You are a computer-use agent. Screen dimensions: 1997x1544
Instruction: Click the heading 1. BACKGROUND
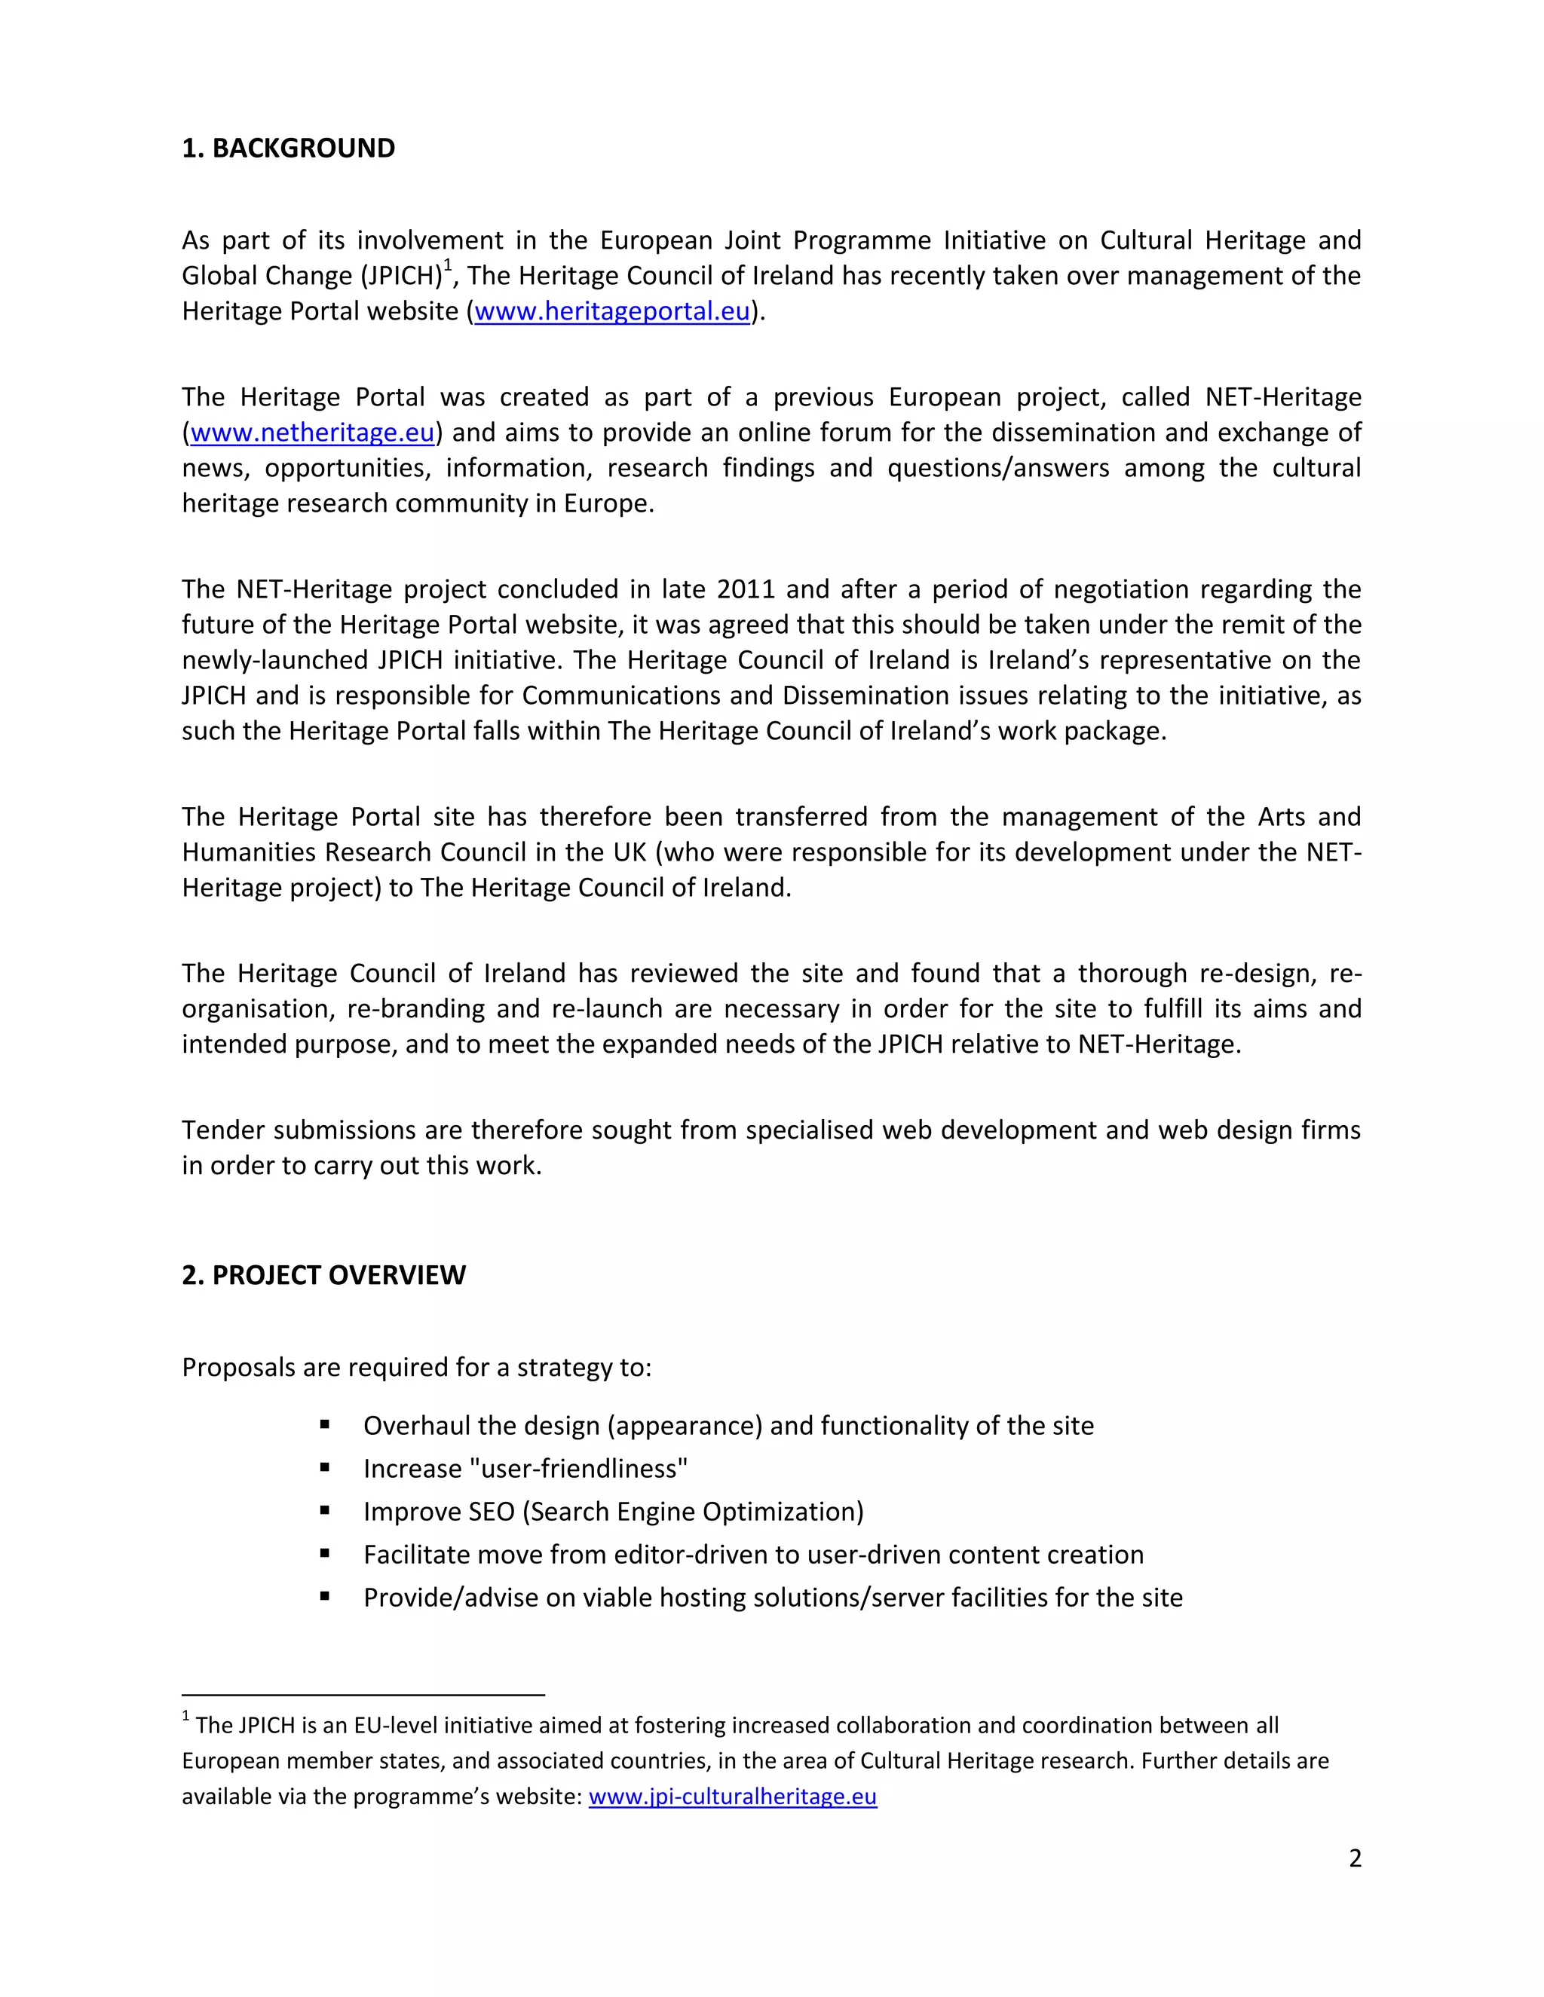coord(288,148)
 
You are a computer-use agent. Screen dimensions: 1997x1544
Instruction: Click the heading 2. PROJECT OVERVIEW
coord(323,1274)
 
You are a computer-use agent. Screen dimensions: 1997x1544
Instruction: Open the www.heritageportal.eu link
coord(612,312)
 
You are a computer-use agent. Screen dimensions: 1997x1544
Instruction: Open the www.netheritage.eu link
coord(312,433)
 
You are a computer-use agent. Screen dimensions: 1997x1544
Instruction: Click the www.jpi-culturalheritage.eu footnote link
coord(732,1797)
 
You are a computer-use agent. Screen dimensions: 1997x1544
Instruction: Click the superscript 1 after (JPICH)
coord(447,265)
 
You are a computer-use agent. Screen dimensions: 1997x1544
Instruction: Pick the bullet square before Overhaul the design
coord(325,1426)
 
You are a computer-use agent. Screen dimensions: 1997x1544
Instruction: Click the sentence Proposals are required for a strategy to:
coord(416,1367)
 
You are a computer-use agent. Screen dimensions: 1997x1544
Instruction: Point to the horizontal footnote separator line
coord(363,1694)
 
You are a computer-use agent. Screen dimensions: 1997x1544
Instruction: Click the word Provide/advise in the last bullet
coord(451,1598)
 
